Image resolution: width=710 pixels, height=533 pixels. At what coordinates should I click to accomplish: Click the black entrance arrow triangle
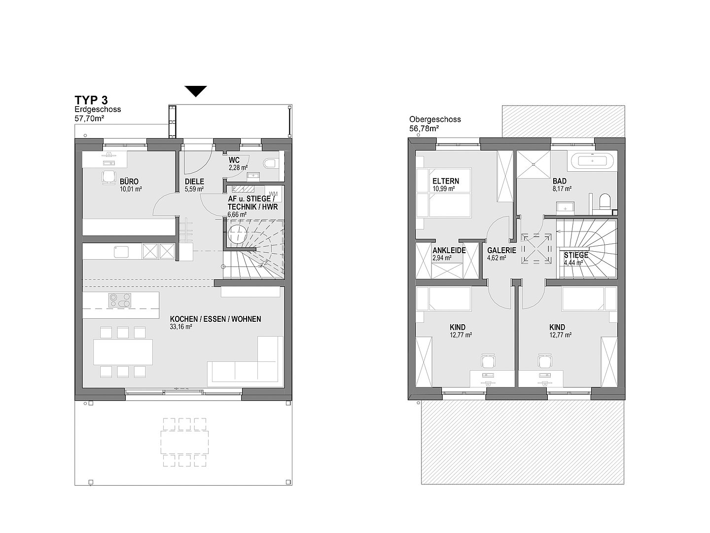click(x=196, y=91)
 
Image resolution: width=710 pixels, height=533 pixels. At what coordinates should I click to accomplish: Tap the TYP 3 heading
click(x=91, y=100)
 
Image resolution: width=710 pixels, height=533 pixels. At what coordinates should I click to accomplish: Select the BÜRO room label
click(x=129, y=181)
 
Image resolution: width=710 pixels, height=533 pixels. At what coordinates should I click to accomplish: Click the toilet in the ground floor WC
click(x=271, y=163)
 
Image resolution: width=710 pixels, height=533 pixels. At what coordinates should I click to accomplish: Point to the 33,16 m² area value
click(x=181, y=327)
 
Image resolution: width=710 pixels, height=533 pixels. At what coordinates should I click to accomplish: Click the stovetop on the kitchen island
click(x=120, y=300)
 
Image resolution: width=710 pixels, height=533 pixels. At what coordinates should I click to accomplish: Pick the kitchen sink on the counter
click(x=121, y=252)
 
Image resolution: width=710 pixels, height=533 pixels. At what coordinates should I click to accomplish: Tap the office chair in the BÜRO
click(x=109, y=177)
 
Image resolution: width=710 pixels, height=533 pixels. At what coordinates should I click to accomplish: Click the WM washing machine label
click(x=273, y=194)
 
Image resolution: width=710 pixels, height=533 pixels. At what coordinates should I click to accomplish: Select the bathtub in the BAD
click(x=592, y=161)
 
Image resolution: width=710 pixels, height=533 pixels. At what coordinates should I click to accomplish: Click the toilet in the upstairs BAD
click(x=604, y=201)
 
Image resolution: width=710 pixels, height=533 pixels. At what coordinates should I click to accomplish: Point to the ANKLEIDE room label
click(x=449, y=250)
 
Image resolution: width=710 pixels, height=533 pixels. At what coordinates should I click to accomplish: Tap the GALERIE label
click(x=502, y=250)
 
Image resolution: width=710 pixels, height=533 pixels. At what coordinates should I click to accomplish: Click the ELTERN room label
click(x=446, y=181)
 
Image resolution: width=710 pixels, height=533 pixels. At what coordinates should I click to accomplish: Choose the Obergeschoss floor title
click(x=435, y=119)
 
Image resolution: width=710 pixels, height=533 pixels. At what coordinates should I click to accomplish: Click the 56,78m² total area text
click(x=424, y=128)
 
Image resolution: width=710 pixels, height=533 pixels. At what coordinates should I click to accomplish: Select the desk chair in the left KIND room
click(x=488, y=360)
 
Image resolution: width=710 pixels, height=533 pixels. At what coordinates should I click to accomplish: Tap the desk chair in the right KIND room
click(x=545, y=360)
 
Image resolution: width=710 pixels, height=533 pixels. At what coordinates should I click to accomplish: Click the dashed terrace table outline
click(x=184, y=442)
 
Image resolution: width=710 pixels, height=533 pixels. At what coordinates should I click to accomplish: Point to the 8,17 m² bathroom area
click(x=562, y=189)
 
